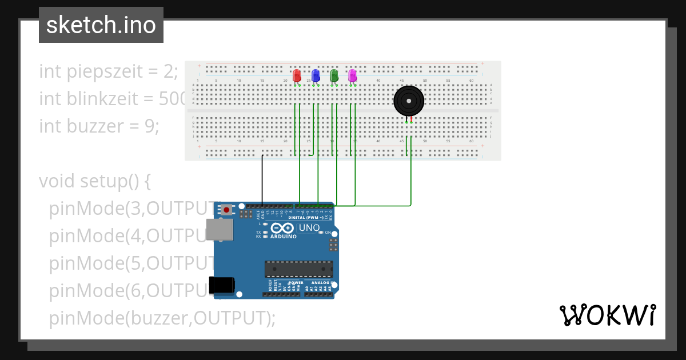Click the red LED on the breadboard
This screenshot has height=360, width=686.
tap(297, 75)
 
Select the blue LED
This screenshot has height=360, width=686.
tap(315, 75)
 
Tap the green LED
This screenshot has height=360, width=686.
tap(334, 75)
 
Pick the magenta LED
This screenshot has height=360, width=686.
tap(352, 75)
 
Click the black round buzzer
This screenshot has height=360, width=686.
tap(409, 101)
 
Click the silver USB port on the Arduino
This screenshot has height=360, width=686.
tap(220, 229)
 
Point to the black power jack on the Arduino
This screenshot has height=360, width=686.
tap(221, 285)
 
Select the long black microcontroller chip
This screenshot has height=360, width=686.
tap(298, 269)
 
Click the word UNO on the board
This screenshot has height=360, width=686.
tap(310, 227)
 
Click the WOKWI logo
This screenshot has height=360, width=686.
tap(607, 315)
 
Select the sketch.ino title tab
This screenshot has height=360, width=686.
tap(101, 25)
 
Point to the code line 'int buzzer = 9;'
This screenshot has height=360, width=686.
tap(99, 126)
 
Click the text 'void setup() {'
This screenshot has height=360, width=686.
tap(94, 181)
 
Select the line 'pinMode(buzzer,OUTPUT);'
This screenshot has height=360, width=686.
tap(162, 318)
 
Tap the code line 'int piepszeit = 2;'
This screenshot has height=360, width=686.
tap(109, 72)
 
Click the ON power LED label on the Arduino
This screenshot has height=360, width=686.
tap(328, 233)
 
